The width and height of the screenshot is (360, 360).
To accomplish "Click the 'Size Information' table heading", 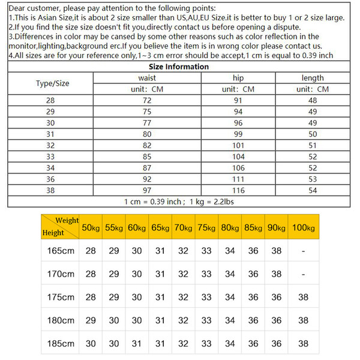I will pos(178,67).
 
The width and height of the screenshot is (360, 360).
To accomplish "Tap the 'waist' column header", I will pos(148,78).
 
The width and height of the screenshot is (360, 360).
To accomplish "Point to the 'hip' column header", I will pos(238,78).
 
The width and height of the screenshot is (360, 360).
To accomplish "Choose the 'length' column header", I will pos(313,78).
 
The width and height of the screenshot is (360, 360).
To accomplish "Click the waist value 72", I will pos(148,100).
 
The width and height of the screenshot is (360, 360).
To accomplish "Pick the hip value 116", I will pos(238,190).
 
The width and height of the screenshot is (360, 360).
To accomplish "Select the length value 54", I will pos(313,190).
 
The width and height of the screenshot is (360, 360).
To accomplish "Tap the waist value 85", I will pos(148,156).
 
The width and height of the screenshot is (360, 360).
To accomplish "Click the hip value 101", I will pos(238,145).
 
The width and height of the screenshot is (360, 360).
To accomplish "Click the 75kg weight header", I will pos(206,228).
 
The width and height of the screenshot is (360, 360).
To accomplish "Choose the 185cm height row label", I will pos(61,344).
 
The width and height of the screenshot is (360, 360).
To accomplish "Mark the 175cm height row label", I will pos(61,297).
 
